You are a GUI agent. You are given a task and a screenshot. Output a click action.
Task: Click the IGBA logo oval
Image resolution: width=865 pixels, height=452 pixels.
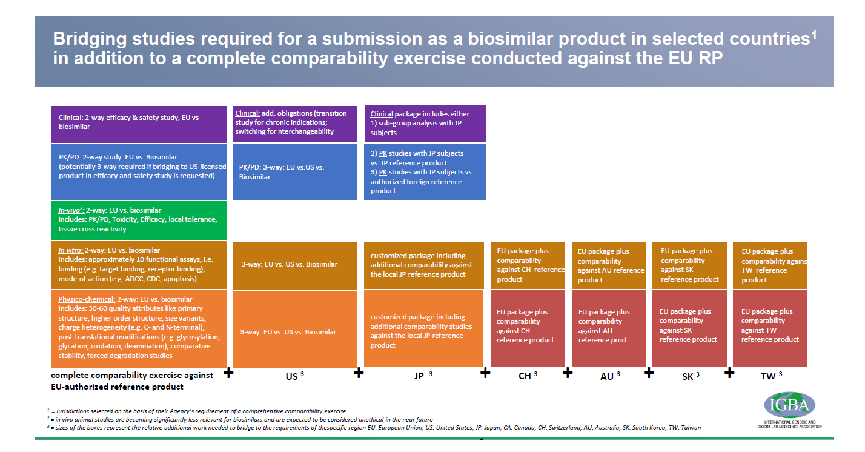click(x=789, y=404)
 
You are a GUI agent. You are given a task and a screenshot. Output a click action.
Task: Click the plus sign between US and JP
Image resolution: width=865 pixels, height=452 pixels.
click(x=359, y=373)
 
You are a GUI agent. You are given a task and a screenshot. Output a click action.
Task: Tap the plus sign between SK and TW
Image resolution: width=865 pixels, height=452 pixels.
click(x=729, y=372)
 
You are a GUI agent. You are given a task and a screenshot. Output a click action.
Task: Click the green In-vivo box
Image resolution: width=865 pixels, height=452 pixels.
click(x=139, y=220)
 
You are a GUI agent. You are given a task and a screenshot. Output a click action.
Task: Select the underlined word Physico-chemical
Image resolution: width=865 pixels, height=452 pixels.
click(x=86, y=299)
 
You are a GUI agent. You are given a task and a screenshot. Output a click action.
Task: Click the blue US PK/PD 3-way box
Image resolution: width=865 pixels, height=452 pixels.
click(x=294, y=171)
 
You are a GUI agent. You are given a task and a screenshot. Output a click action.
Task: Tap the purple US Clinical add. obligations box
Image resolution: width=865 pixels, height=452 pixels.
click(x=294, y=123)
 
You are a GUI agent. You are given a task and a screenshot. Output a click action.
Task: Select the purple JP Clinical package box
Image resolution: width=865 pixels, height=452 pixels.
click(x=425, y=123)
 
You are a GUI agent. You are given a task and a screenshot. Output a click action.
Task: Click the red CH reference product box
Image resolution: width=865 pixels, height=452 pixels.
click(x=527, y=327)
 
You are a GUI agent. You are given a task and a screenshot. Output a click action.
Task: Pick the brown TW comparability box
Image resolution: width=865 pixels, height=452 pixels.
click(x=769, y=265)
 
